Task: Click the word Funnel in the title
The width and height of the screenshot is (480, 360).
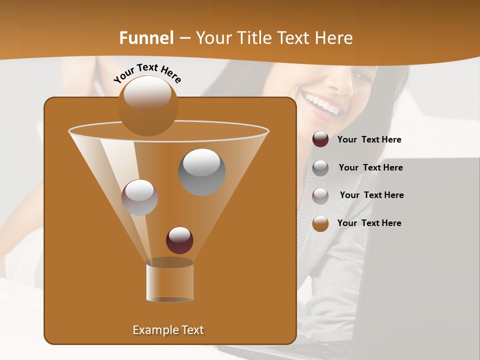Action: [146, 38]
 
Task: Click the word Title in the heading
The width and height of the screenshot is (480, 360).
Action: [254, 38]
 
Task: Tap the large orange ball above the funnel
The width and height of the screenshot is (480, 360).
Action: [147, 105]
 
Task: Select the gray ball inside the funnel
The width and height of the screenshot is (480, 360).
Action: [201, 171]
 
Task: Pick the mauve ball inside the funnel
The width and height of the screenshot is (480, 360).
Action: [139, 197]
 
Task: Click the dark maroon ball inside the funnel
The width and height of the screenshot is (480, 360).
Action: [179, 240]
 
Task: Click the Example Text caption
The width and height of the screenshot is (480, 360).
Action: [168, 330]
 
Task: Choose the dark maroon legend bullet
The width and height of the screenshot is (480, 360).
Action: [320, 139]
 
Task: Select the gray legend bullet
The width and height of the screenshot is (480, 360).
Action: [320, 167]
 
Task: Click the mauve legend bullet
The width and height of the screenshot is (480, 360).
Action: [320, 195]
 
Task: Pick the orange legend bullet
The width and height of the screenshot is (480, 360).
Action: [320, 223]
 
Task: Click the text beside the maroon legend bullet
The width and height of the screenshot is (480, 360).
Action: [369, 140]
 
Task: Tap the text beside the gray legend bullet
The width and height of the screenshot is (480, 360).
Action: [370, 168]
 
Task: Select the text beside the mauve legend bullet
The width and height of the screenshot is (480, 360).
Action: [371, 195]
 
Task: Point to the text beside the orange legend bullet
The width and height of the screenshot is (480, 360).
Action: [369, 223]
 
